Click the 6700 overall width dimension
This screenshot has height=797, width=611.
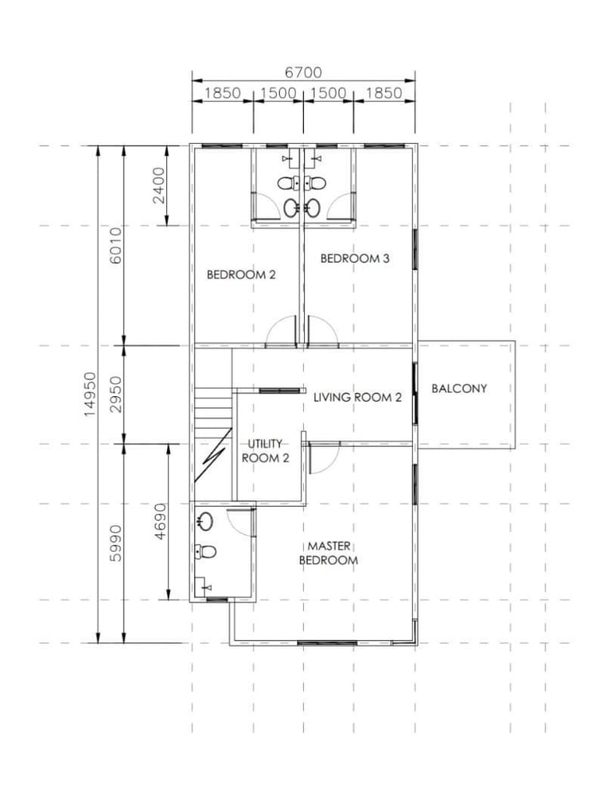pos(303,72)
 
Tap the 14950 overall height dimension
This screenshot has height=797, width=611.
pos(90,395)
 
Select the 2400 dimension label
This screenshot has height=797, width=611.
pos(159,185)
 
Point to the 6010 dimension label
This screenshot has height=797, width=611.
pos(116,246)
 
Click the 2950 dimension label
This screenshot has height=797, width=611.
pos(116,395)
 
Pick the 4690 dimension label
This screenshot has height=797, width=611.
pos(160,521)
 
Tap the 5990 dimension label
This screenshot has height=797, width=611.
pos(116,542)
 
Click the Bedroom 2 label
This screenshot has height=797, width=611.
pos(241,275)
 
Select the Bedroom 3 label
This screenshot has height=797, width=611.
pos(355,259)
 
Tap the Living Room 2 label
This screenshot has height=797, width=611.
pos(357,397)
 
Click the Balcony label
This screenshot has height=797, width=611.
pos(459,388)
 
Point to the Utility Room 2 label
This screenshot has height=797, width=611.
pos(266,451)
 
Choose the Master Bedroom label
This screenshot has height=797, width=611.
pos(329,553)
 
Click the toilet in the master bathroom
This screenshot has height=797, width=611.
pos(205,551)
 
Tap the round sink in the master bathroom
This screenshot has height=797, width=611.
pos(206,520)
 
